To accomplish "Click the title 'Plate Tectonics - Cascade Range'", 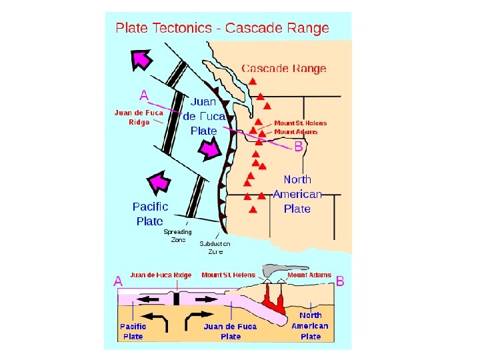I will pyautogui.click(x=222, y=28).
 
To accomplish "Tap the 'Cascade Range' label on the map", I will pyautogui.click(x=283, y=68).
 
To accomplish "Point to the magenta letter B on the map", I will pyautogui.click(x=299, y=146).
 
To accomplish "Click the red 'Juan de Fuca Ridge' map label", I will pyautogui.click(x=139, y=117).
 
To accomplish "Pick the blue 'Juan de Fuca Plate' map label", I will pyautogui.click(x=203, y=116).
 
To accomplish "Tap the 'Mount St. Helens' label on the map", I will pyautogui.click(x=300, y=123).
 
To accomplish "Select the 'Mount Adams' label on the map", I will pyautogui.click(x=296, y=131).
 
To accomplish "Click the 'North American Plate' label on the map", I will pyautogui.click(x=297, y=193).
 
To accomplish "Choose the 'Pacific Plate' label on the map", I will pyautogui.click(x=150, y=213).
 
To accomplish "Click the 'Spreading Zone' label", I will pyautogui.click(x=178, y=236).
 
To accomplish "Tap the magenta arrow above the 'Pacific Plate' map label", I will pyautogui.click(x=159, y=181).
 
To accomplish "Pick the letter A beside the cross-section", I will pyautogui.click(x=118, y=282).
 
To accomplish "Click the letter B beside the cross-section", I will pyautogui.click(x=340, y=282).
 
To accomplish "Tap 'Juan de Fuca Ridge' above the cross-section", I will pyautogui.click(x=161, y=275).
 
